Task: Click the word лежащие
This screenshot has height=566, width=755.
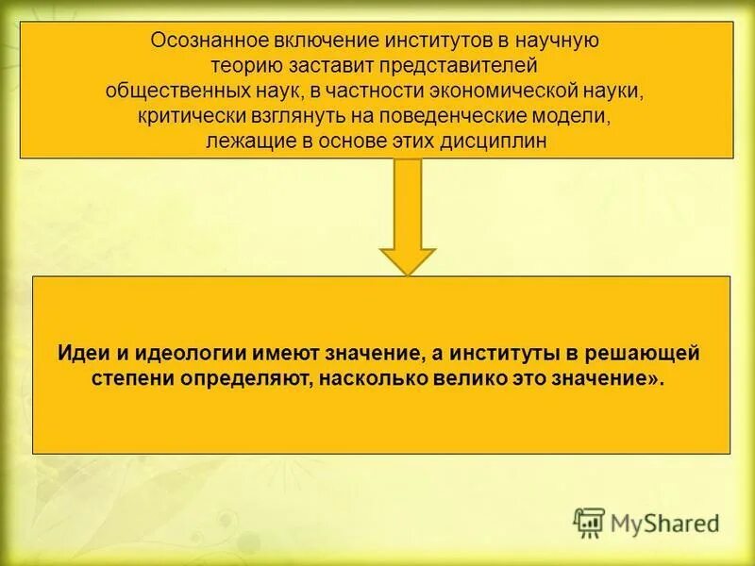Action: click(239, 141)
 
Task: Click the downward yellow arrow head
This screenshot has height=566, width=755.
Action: click(408, 258)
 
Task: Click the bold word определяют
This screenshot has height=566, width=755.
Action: click(235, 378)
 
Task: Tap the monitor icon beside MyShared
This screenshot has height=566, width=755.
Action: click(589, 523)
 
